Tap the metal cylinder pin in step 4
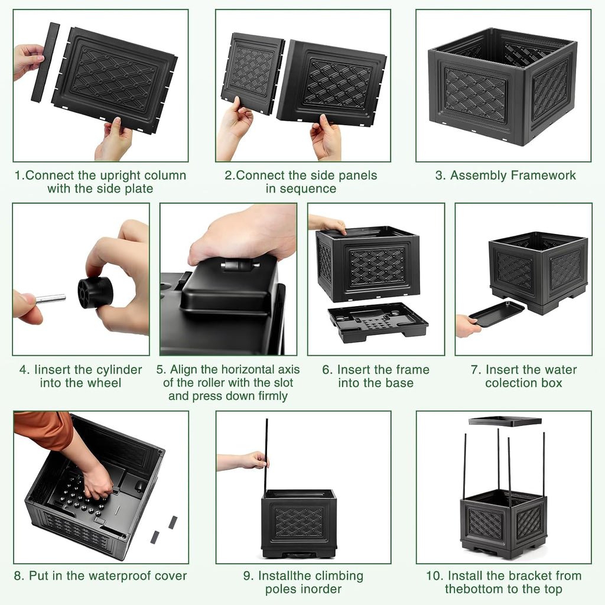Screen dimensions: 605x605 point(51,298)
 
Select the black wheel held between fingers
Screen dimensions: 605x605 point(95,293)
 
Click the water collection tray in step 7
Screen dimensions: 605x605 point(497,314)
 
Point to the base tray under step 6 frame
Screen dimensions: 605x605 point(378,322)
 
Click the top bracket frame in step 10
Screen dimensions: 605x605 point(505,421)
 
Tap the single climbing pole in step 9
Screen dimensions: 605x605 point(266,456)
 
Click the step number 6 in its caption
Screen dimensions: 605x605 point(326,370)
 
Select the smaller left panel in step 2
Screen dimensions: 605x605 point(253,73)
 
